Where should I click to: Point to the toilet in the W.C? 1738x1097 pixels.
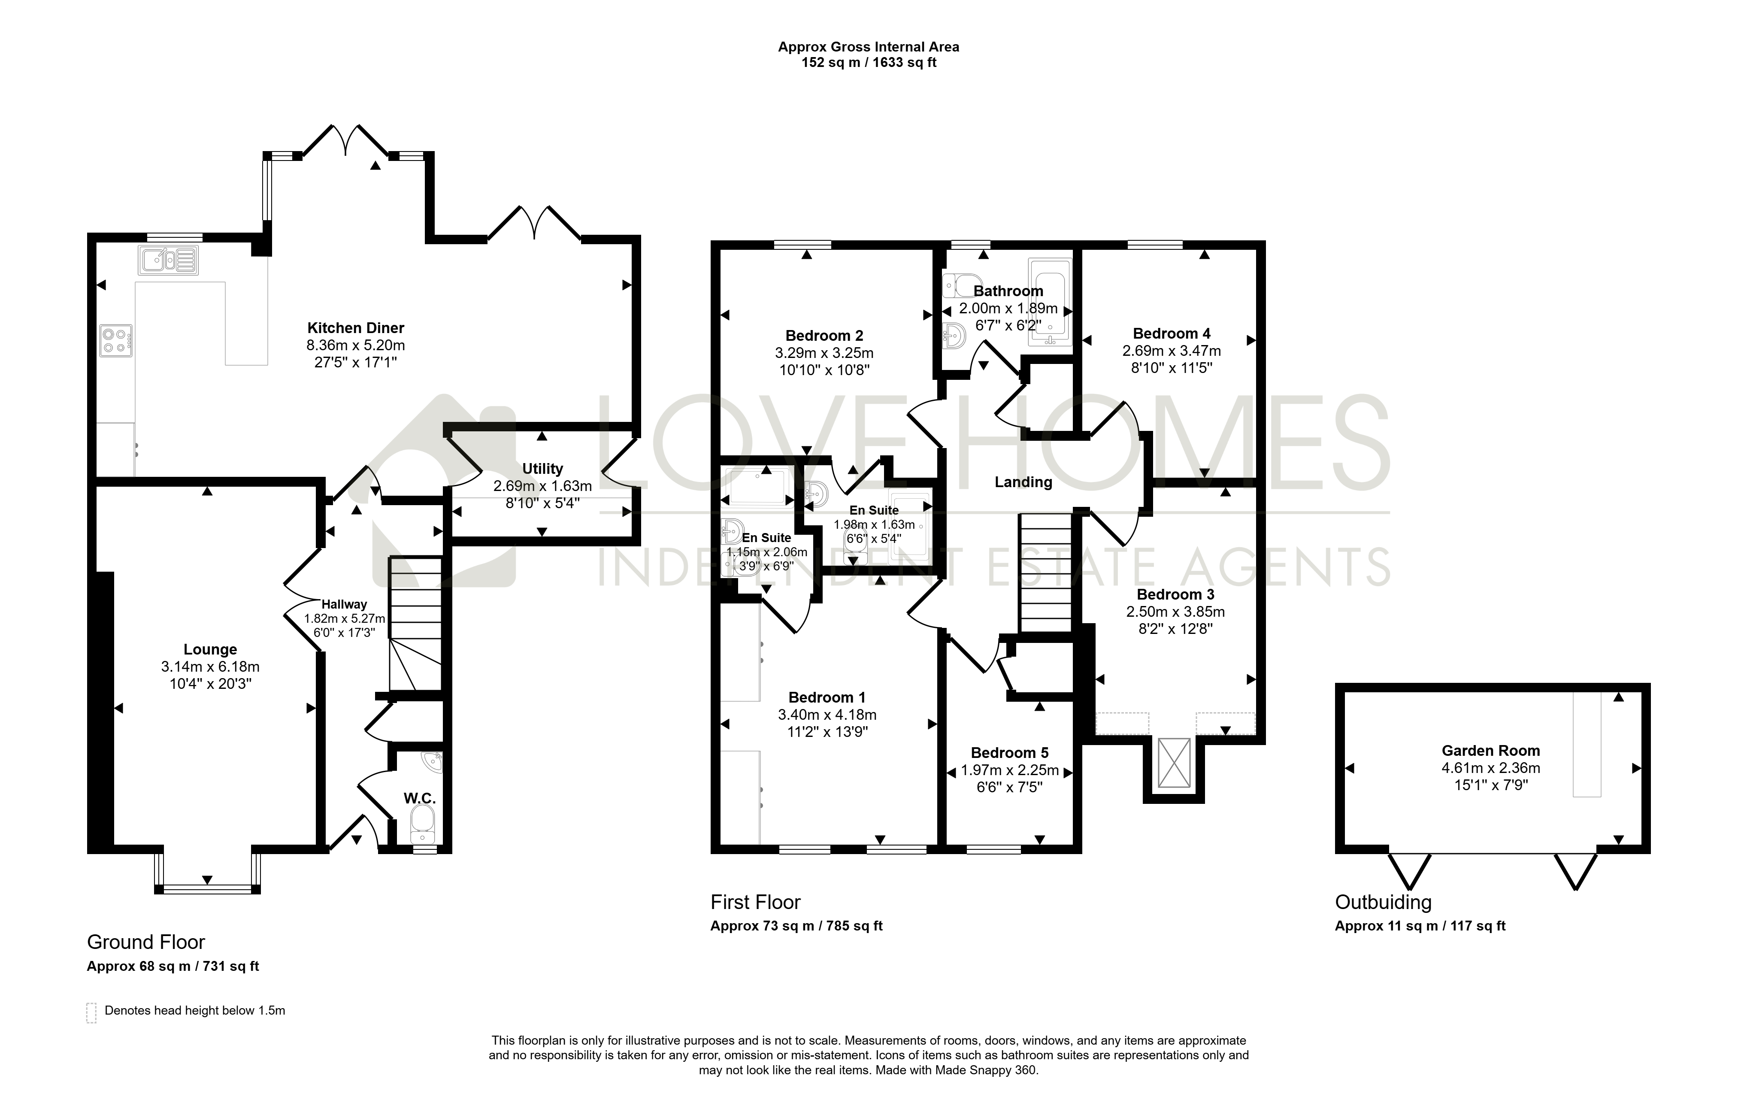pos(422,825)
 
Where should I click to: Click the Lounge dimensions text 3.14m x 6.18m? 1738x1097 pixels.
pos(210,667)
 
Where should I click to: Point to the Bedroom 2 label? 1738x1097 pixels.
pos(824,336)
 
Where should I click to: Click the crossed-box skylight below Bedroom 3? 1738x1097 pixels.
pos(1174,763)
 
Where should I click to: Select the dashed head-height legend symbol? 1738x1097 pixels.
pos(92,1012)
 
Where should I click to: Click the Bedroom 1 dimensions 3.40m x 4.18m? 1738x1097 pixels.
pos(827,715)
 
